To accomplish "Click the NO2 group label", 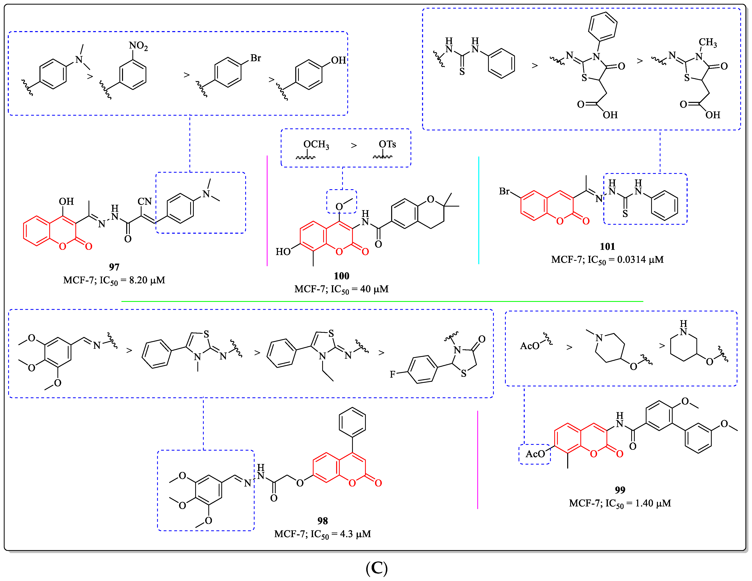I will tap(138, 46).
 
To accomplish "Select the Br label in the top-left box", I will tap(256, 58).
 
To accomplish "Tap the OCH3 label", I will tap(316, 144).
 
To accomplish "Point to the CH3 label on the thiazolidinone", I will tap(708, 42).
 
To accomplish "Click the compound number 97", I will tap(114, 267).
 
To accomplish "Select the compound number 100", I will tap(341, 276).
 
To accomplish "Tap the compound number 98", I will tap(322, 521).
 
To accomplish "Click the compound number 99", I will tap(620, 490).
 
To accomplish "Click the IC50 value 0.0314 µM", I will tap(640, 260).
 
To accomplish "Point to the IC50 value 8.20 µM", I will tap(147, 280).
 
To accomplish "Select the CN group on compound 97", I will tap(145, 201).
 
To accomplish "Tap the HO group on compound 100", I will tap(283, 252).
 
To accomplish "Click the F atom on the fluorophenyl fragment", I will tap(392, 374).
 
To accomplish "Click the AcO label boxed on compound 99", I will tap(535, 454).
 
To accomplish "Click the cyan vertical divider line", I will tap(479, 210).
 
